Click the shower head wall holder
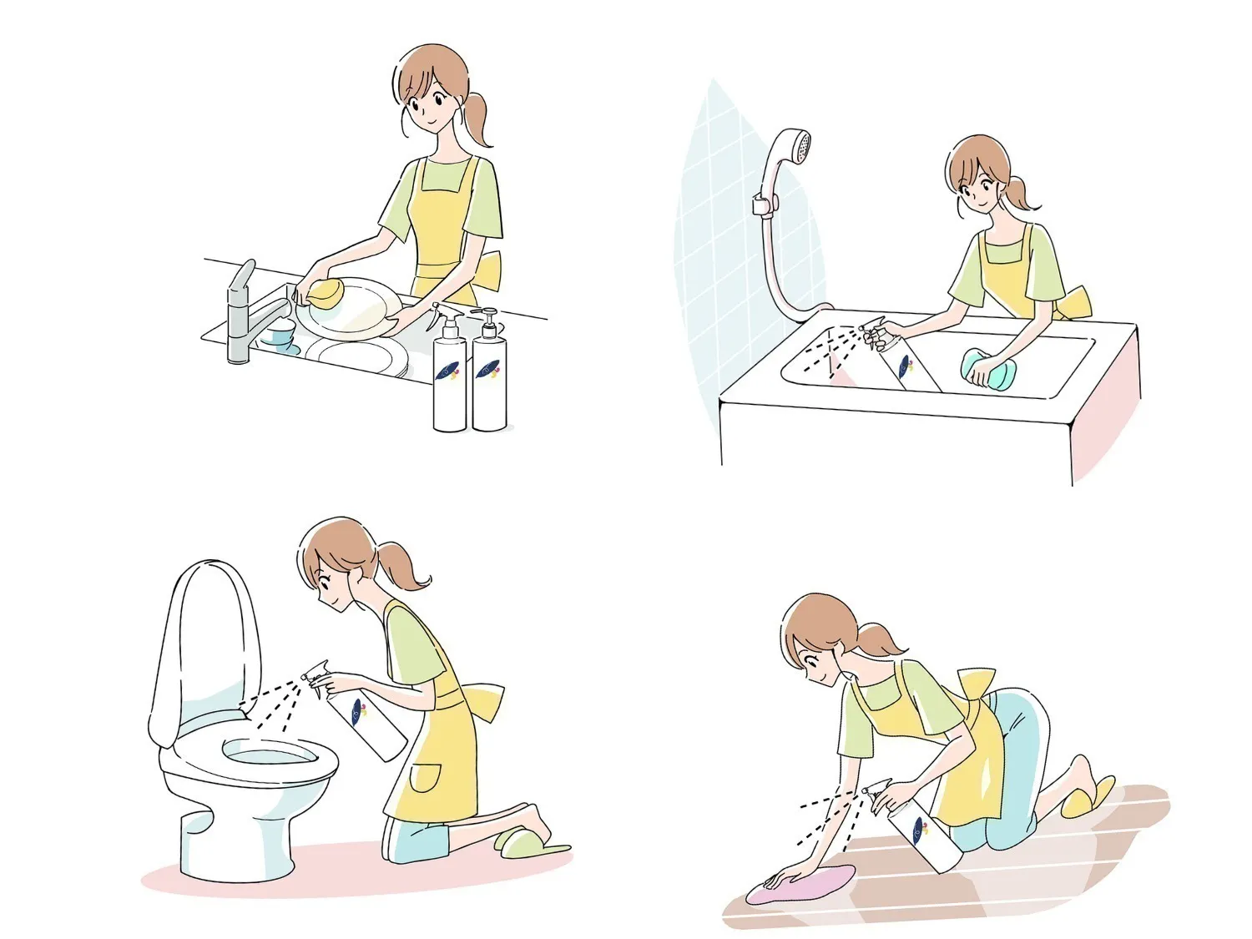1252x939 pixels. pyautogui.click(x=764, y=204)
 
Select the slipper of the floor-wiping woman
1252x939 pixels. pyautogui.click(x=1085, y=797)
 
